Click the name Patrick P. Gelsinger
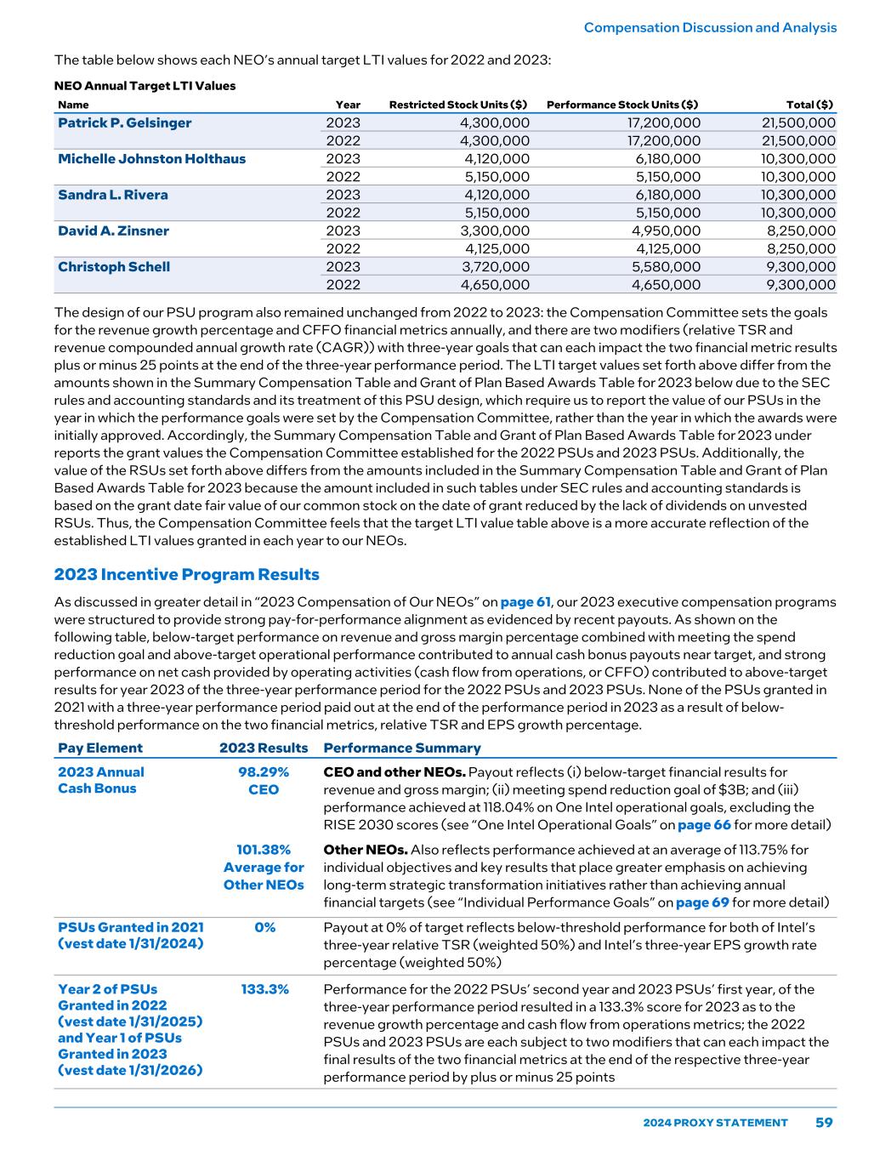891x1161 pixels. pos(124,123)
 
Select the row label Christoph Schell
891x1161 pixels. pos(114,267)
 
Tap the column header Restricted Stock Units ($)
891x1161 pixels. pos(457,105)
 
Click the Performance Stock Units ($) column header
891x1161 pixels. pos(622,105)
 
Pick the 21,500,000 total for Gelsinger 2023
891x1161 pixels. pos(798,123)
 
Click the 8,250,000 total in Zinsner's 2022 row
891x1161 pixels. pos(801,249)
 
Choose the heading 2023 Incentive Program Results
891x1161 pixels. pos(186,575)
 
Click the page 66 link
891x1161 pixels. pos(704,825)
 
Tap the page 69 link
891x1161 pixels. pos(701,902)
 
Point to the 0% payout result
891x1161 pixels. pos(264,927)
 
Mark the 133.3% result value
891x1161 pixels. pos(264,989)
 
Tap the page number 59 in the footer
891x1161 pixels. pos(824,1123)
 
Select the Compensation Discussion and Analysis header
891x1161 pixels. pos(710,28)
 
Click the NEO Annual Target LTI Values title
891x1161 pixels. pos(145,86)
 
